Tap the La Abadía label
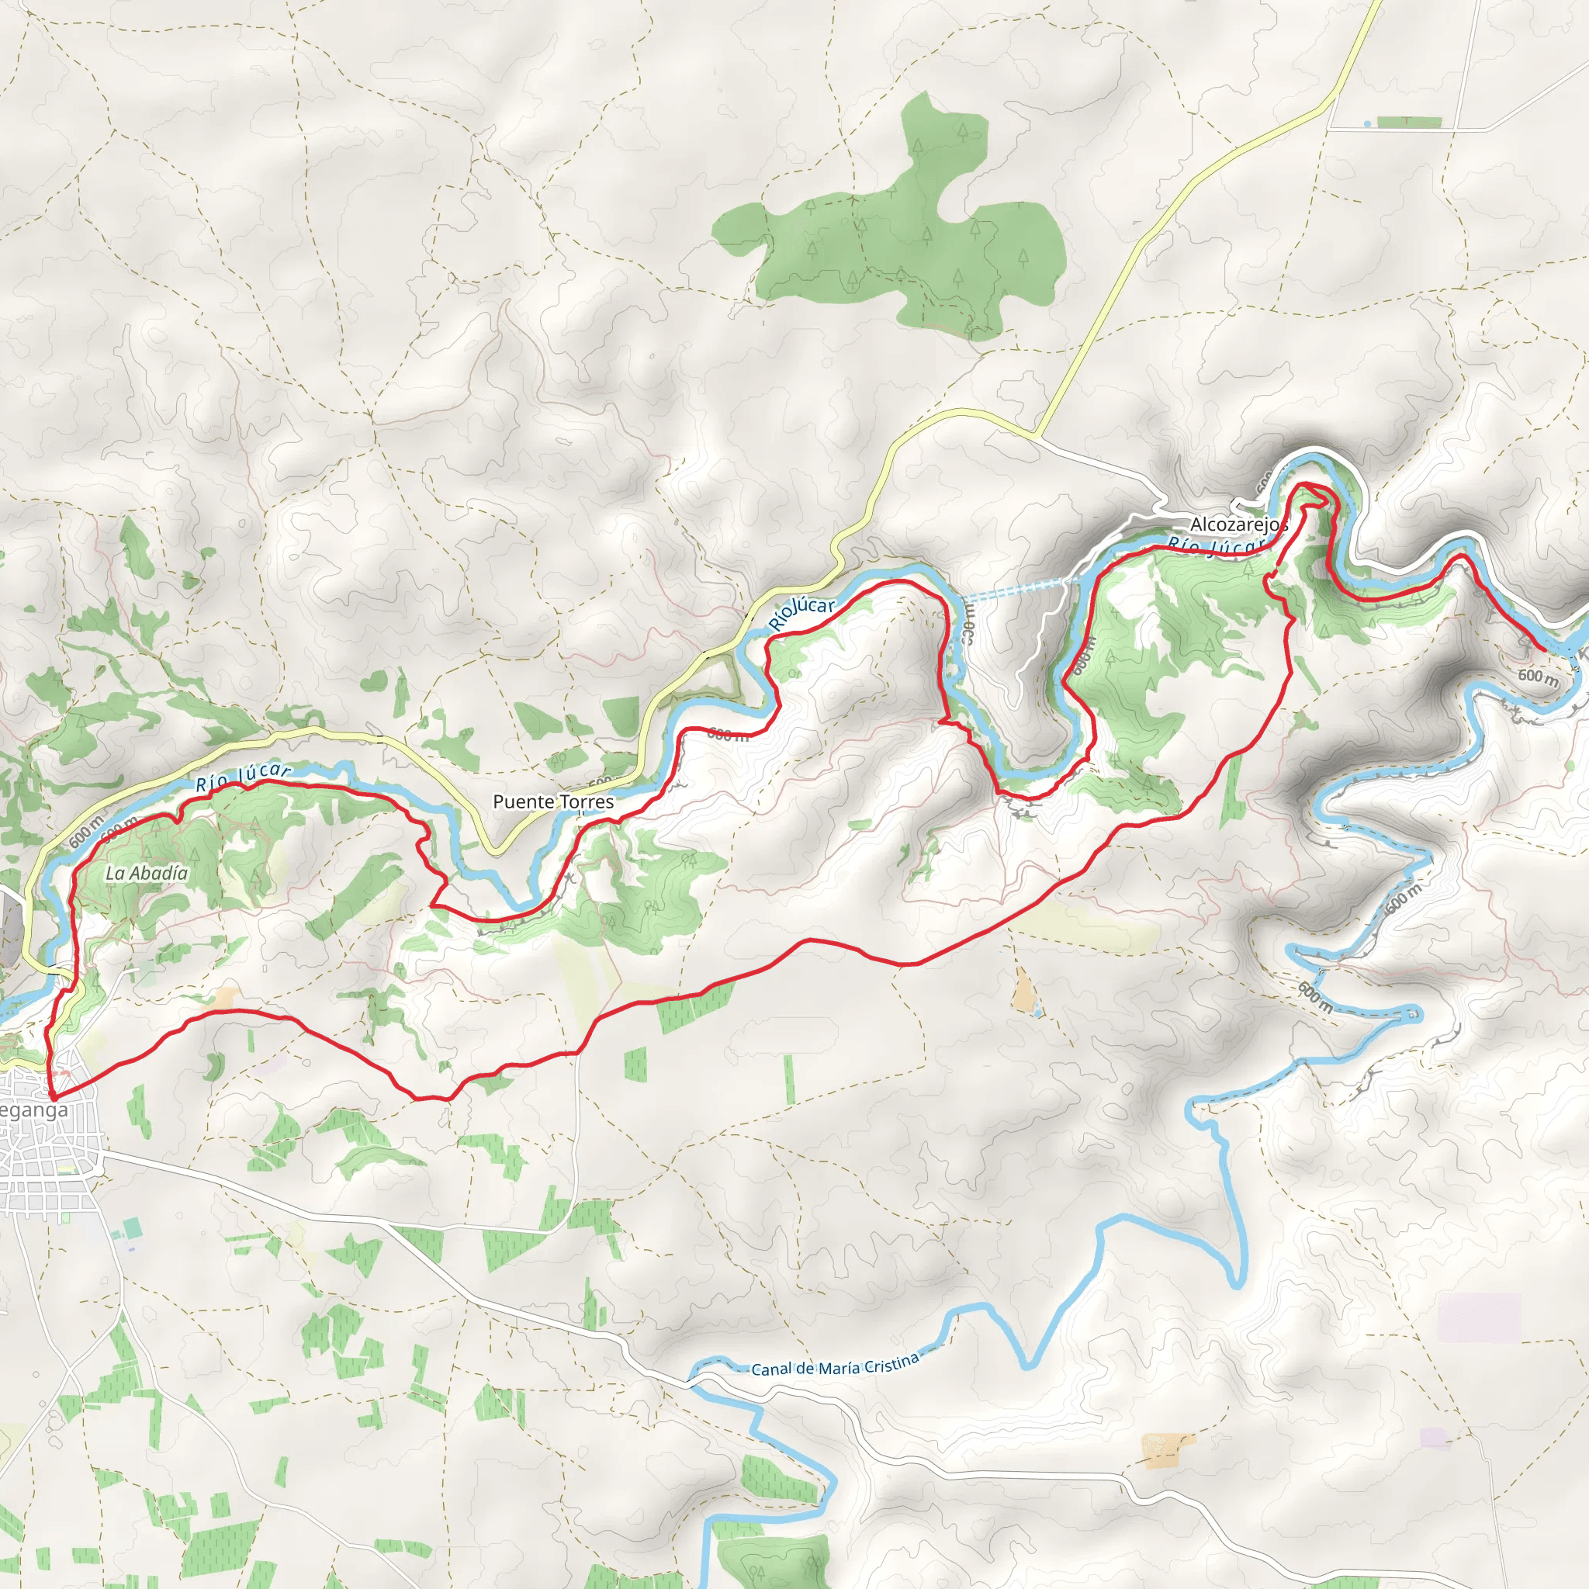(x=147, y=874)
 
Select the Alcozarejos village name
(x=1238, y=524)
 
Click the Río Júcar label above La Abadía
(x=243, y=777)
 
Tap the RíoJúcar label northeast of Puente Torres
(x=802, y=613)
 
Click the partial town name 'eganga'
(x=35, y=1110)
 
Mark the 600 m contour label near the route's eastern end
(x=1537, y=677)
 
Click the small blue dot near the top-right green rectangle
(x=1367, y=123)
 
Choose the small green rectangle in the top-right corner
(x=1409, y=123)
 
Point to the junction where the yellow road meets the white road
(x=1037, y=434)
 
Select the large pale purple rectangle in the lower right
(x=1479, y=1317)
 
